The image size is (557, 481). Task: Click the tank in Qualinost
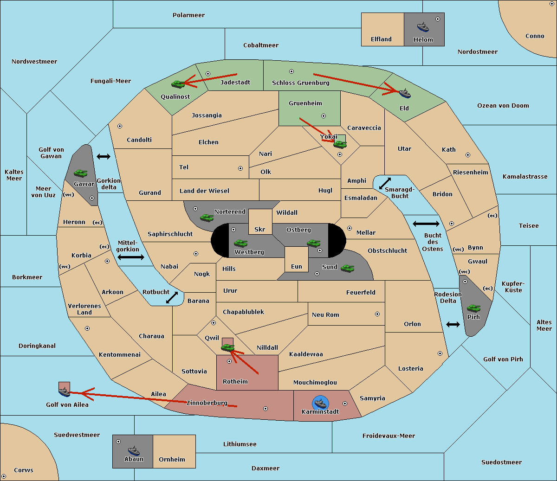(178, 84)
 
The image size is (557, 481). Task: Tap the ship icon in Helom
(423, 27)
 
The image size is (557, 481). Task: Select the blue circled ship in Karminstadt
(320, 403)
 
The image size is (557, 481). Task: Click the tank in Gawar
(81, 173)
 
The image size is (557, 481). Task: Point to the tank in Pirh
(474, 308)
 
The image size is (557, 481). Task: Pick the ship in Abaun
(134, 450)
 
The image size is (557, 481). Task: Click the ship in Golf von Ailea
(64, 392)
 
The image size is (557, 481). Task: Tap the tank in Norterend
(207, 218)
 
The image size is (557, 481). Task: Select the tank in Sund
(347, 268)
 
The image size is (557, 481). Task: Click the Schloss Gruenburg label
(300, 83)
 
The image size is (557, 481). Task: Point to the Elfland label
(381, 39)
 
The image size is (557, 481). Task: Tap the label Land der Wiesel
(204, 191)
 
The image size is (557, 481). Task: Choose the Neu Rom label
(325, 315)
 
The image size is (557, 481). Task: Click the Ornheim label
(172, 460)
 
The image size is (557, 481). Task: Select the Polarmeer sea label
(188, 15)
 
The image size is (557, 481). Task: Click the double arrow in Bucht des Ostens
(426, 224)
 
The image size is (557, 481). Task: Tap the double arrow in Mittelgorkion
(131, 257)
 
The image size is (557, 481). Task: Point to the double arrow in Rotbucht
(172, 298)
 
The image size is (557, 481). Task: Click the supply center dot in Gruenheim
(324, 116)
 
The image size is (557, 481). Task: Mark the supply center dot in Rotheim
(229, 361)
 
